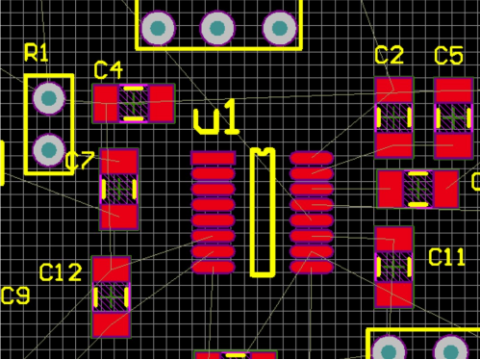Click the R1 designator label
(37, 53)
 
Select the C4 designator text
(109, 70)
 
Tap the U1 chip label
(216, 117)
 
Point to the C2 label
(390, 55)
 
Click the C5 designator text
(448, 55)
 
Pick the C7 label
(80, 161)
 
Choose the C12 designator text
(61, 272)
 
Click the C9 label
(15, 296)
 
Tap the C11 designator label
(446, 257)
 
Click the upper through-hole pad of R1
(49, 98)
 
